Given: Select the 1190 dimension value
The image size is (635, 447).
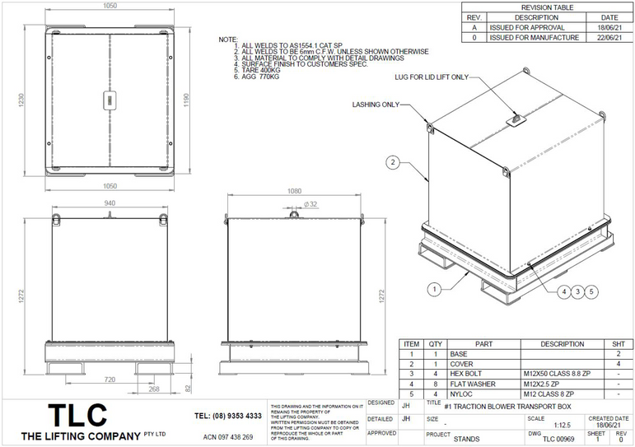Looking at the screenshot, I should coord(189,100).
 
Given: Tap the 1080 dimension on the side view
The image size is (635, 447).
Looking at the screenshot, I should coord(296,192).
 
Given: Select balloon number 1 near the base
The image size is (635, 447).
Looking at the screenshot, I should coord(435,288).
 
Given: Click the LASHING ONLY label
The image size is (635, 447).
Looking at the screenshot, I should coord(376,105).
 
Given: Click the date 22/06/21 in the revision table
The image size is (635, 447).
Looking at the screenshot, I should coord(609,38).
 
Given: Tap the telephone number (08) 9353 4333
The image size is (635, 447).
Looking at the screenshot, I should coord(227,416).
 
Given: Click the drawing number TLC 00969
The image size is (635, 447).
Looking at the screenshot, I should coord(552,440).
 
